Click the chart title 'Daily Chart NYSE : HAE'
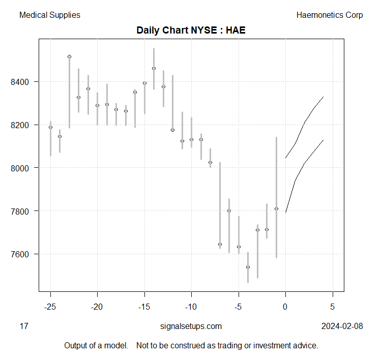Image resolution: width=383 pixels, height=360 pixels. tap(191, 31)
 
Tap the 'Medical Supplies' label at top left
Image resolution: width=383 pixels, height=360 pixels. tap(49, 15)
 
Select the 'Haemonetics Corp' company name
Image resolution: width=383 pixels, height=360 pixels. tap(330, 15)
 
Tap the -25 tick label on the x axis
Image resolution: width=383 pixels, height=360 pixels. tap(50, 307)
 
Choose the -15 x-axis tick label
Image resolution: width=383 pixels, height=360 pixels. tap(144, 307)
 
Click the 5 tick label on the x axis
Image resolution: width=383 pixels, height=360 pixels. tap(333, 307)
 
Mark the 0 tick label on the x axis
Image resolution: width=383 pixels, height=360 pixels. tap(285, 307)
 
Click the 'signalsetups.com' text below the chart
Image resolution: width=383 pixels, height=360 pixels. tap(191, 326)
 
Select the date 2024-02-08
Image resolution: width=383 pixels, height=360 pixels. tap(342, 326)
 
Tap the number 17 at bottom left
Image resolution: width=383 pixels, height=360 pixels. tap(24, 326)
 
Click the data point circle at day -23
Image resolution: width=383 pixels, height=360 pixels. tap(69, 56)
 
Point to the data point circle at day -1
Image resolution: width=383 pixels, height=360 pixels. tap(276, 208)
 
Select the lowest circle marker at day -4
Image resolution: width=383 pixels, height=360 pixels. tap(248, 267)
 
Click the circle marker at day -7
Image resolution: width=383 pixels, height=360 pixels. tap(220, 244)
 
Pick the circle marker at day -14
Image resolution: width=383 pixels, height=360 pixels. tap(154, 68)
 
